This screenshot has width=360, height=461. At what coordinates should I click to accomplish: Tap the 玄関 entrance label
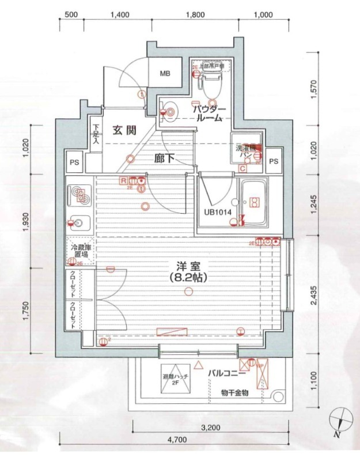click(x=123, y=130)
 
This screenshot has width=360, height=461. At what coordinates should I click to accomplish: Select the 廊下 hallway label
click(x=164, y=158)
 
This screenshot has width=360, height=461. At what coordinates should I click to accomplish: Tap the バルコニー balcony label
click(x=228, y=373)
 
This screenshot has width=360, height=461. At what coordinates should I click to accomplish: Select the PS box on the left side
click(x=74, y=162)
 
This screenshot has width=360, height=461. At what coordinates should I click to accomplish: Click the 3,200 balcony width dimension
click(x=212, y=428)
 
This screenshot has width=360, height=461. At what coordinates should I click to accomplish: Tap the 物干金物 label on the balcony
click(x=234, y=393)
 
